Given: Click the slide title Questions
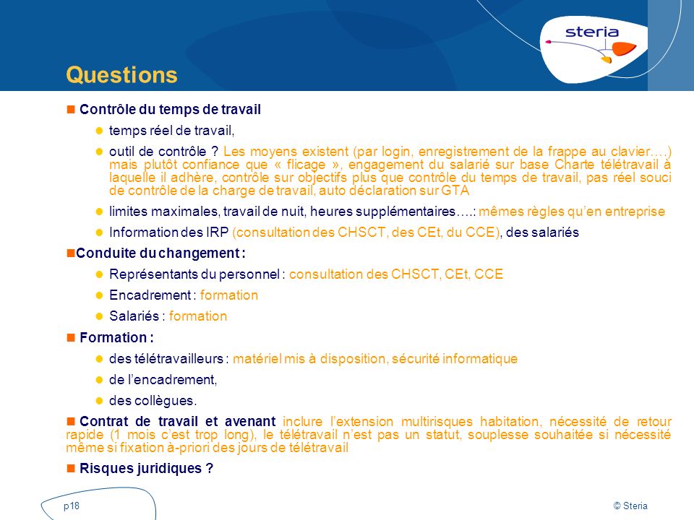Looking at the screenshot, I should (121, 76).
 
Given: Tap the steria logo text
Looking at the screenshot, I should (591, 32).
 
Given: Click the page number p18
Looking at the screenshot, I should (72, 506).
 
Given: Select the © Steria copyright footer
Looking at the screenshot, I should (630, 506).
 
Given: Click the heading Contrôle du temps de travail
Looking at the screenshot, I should (170, 110).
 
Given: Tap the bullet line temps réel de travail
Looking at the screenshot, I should (172, 131).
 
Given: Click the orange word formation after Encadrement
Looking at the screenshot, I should (229, 295).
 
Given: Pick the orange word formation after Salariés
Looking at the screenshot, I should (198, 316).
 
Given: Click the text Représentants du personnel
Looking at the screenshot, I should (195, 274).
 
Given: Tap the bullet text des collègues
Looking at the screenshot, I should (153, 401).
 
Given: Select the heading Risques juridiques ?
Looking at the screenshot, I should (146, 468).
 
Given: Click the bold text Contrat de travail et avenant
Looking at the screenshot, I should (177, 422).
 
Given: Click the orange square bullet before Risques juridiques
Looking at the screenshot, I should (71, 468).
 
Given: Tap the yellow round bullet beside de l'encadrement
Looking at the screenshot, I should (100, 380).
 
